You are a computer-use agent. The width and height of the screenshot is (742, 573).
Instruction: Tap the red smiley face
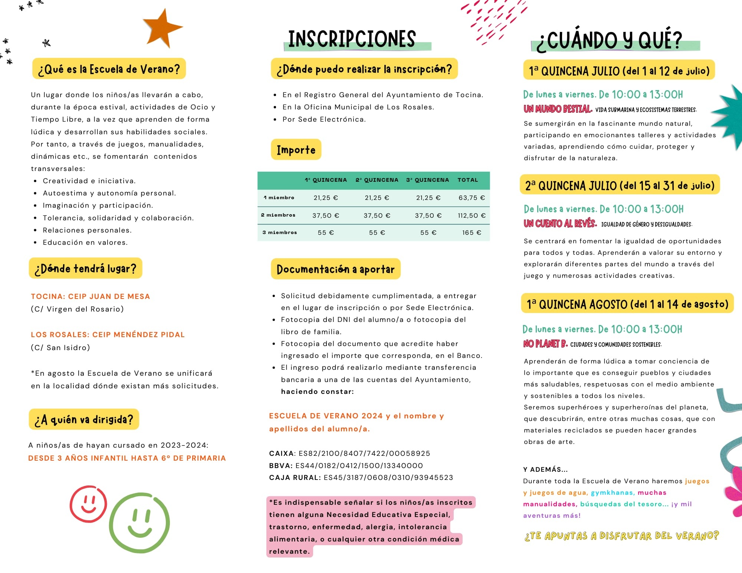(88, 504)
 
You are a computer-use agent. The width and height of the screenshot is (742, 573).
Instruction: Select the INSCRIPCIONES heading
(352, 39)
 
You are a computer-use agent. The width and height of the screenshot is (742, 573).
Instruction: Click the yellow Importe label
(296, 150)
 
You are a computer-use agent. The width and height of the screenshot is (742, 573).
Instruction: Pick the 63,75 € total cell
(472, 198)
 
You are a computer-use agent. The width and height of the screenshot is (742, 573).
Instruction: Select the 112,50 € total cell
(472, 215)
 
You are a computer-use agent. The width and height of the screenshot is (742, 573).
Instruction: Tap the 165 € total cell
(472, 233)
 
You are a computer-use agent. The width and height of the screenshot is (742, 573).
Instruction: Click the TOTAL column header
(467, 180)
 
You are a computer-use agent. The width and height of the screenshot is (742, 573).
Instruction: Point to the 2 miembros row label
(278, 215)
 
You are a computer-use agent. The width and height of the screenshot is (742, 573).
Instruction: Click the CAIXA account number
(364, 453)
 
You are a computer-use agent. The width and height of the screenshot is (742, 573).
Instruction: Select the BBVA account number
(359, 465)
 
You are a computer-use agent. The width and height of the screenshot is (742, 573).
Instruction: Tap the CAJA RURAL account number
(388, 477)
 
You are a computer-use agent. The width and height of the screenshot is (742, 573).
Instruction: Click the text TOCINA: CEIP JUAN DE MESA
(91, 296)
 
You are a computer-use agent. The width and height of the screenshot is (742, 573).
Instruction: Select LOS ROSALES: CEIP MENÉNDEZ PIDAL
(108, 335)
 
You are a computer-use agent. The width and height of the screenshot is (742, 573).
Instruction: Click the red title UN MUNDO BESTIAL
(558, 109)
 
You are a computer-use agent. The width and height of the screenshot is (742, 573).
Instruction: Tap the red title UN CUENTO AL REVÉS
(560, 224)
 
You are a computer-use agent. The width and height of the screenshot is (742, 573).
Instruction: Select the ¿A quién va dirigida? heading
(84, 419)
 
